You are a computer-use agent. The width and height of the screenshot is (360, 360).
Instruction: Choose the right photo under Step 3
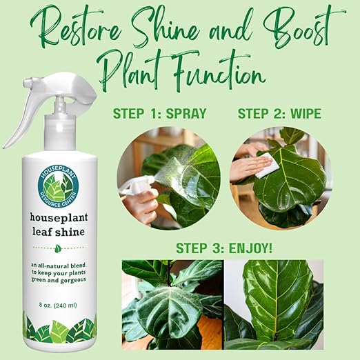pos(273,304)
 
